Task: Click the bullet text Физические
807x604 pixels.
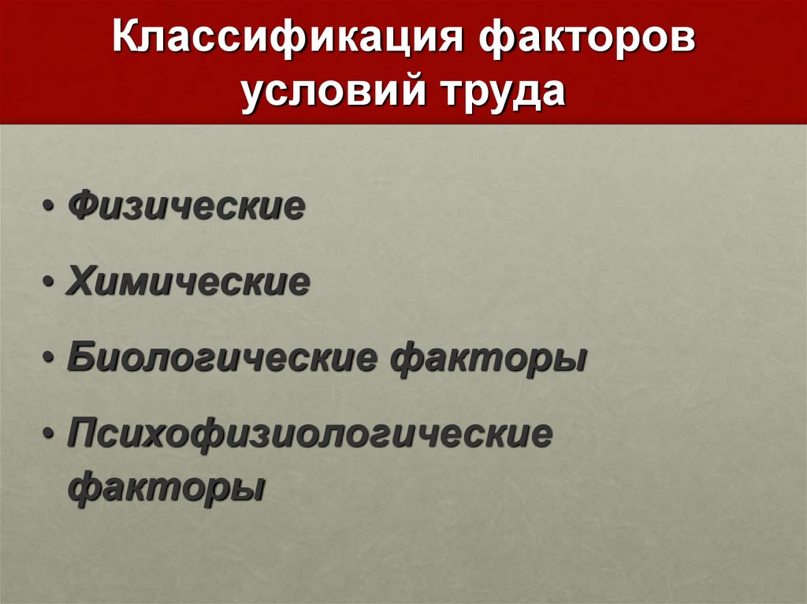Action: coord(186,207)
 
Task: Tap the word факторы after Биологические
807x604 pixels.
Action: coord(489,358)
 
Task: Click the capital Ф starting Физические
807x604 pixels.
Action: coord(84,207)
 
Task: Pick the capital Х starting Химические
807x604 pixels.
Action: coord(82,283)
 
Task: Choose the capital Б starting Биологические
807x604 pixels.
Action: coord(82,358)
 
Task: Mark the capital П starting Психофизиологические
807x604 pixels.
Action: coord(84,434)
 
